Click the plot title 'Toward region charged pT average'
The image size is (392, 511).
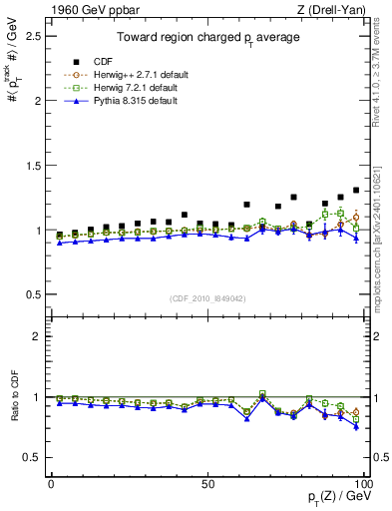click(207, 39)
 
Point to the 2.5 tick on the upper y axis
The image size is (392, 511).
click(32, 36)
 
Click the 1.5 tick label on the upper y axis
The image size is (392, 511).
click(32, 166)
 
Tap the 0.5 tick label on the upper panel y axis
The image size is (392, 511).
click(32, 294)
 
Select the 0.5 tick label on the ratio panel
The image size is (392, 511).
click(32, 457)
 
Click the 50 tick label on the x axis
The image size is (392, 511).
click(207, 482)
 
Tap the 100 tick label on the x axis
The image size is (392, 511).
click(363, 482)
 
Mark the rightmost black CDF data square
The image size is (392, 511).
click(356, 190)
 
